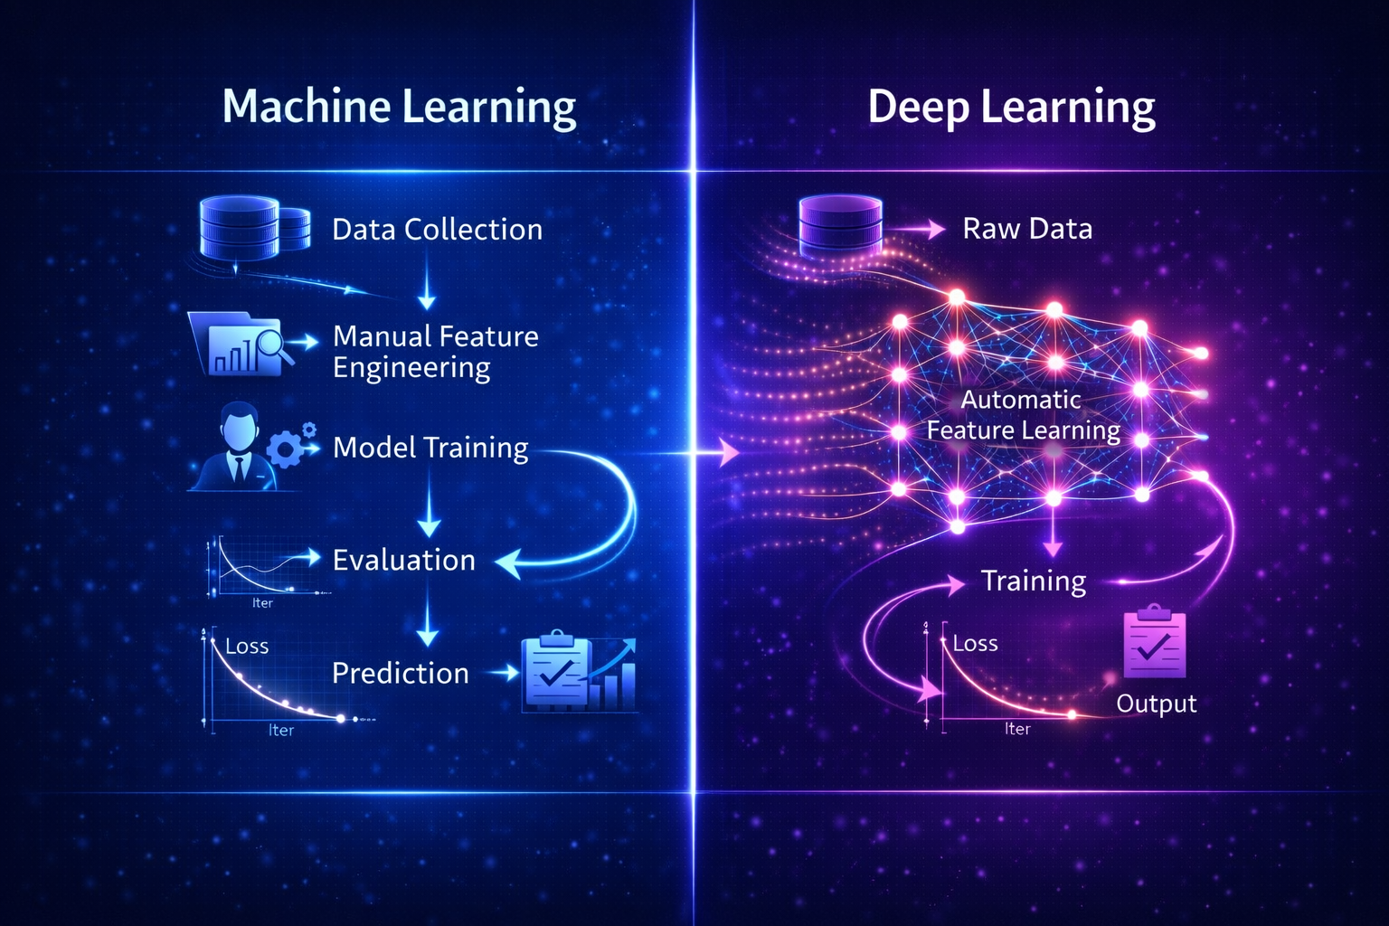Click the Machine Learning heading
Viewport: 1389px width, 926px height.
[x=399, y=107]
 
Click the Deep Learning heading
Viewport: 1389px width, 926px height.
[x=1011, y=107]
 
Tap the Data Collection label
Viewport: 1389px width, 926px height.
[x=437, y=230]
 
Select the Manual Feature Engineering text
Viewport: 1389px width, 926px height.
[x=435, y=352]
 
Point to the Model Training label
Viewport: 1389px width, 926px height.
[x=430, y=448]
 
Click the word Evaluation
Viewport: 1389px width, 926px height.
[x=403, y=561]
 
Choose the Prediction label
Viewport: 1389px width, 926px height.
[x=400, y=673]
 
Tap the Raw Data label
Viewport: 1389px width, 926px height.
[x=1027, y=229]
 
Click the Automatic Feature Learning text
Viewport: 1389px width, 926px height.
[x=1023, y=415]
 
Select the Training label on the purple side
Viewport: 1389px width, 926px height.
[x=1034, y=581]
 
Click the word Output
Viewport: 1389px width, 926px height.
[x=1156, y=704]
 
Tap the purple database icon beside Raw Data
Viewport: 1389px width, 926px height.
[x=840, y=226]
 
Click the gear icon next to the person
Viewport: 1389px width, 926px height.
[x=290, y=447]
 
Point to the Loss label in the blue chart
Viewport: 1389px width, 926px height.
[x=247, y=647]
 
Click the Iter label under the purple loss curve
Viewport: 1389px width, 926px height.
[x=1017, y=729]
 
